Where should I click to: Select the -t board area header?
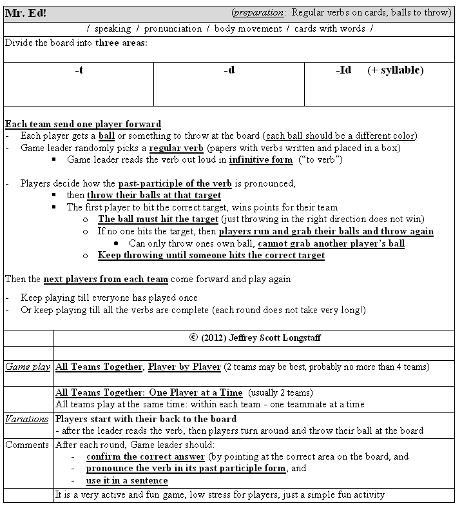coord(79,70)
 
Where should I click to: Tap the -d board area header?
coord(229,70)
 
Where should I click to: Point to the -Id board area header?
coord(343,70)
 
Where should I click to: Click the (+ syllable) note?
coord(396,70)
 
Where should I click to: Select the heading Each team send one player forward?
coord(83,124)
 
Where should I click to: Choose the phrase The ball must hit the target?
coord(158,219)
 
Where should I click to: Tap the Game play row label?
coord(28,367)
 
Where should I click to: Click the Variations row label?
coord(28,419)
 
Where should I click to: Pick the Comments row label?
coord(28,445)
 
